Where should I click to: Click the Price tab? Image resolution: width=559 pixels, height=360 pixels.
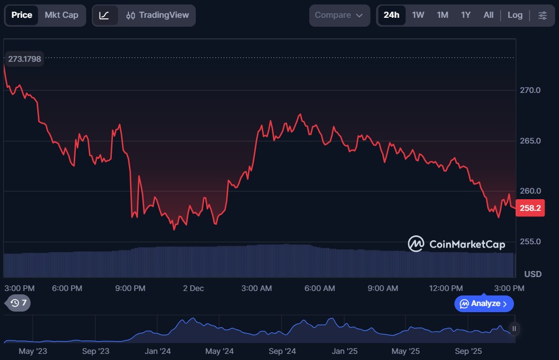22,15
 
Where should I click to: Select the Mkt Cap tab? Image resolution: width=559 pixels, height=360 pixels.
61,15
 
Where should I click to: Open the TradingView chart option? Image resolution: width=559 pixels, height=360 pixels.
157,15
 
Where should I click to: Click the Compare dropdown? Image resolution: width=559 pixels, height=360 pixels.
339,15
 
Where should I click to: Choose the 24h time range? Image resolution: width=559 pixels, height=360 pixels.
391,15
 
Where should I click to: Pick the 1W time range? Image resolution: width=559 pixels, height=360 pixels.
418,15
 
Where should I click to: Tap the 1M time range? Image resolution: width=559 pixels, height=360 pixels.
443,15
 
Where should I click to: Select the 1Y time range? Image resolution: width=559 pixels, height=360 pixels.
466,15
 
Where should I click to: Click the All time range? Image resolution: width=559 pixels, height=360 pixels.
488,15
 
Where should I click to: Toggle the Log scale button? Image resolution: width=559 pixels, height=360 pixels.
515,15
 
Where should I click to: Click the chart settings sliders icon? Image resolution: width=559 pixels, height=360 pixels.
543,15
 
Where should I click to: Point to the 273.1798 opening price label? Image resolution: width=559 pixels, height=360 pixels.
24,58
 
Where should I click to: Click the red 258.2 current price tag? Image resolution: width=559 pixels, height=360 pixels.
530,209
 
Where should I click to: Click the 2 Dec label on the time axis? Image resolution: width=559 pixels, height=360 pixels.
194,288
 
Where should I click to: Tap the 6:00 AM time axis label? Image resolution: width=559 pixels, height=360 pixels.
320,288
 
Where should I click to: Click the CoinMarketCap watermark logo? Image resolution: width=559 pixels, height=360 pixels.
457,244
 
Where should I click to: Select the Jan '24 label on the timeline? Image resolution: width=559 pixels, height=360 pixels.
158,351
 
